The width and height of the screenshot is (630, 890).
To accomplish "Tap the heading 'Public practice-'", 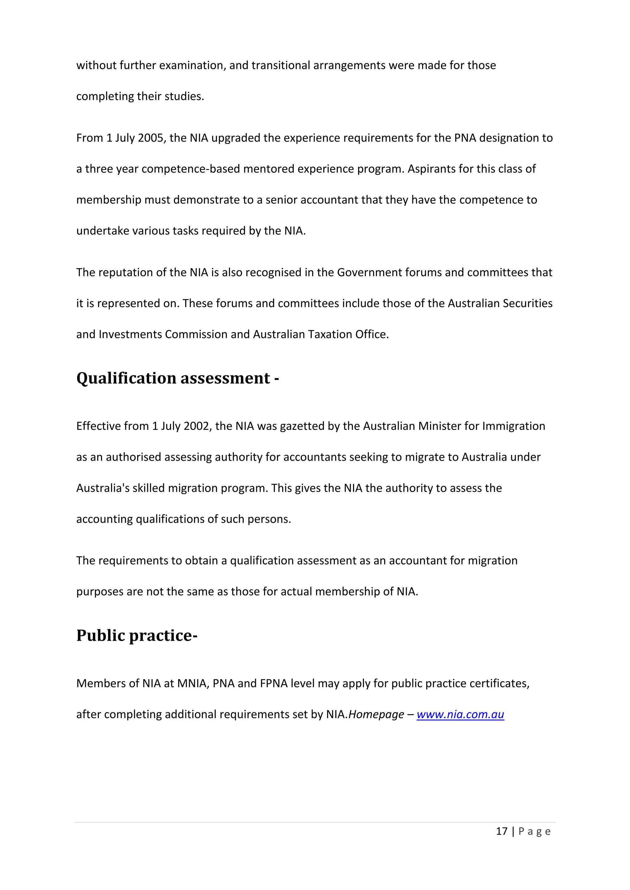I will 137,636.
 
